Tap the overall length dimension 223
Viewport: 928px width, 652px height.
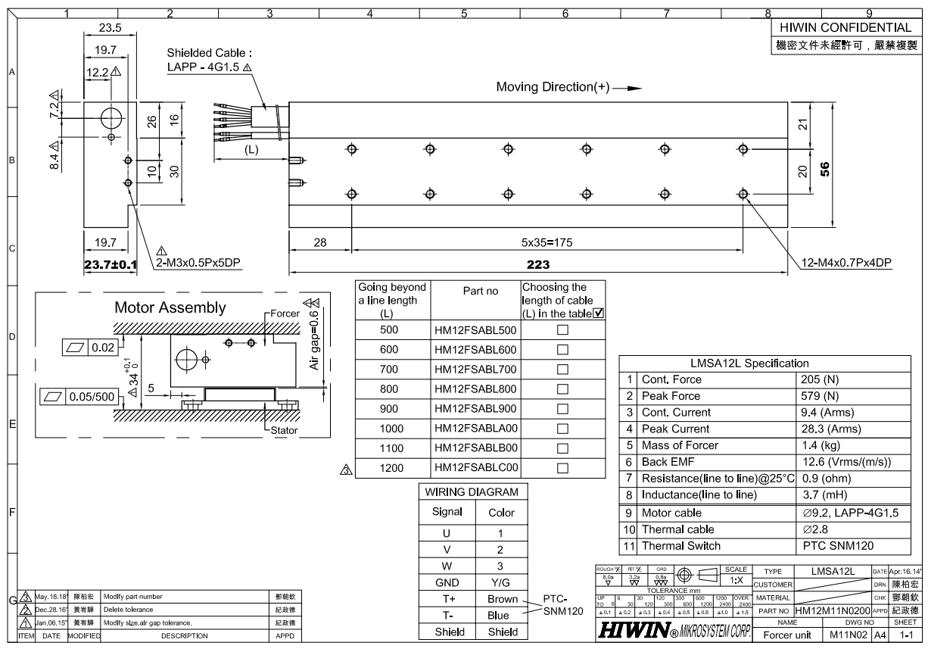538,265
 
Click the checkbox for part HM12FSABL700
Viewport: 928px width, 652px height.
562,370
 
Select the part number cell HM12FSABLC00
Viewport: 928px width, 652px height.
475,468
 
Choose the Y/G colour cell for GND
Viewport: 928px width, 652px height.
501,582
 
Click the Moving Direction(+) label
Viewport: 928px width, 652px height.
553,87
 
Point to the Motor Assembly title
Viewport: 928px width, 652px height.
170,308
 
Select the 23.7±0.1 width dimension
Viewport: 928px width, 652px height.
111,265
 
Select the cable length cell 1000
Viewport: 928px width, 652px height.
393,429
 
